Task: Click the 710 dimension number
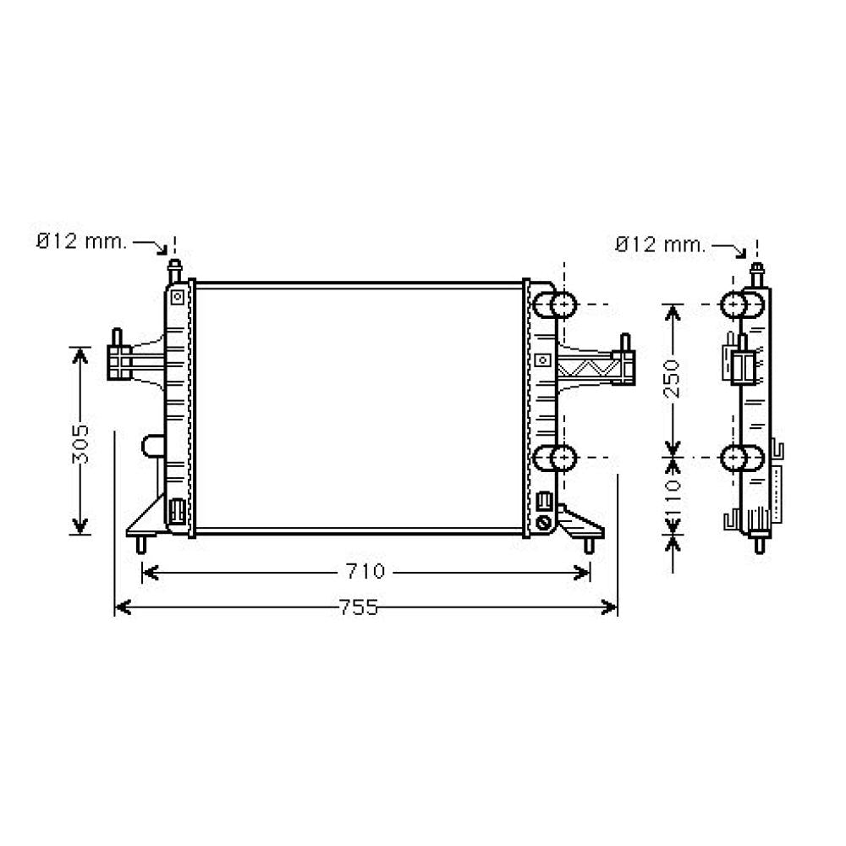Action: point(365,571)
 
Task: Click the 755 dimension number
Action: point(359,607)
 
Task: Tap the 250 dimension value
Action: point(673,379)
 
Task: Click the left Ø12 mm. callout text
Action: point(81,241)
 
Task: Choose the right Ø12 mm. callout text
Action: point(661,245)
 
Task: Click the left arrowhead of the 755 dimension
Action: point(123,607)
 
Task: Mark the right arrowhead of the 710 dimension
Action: point(582,573)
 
